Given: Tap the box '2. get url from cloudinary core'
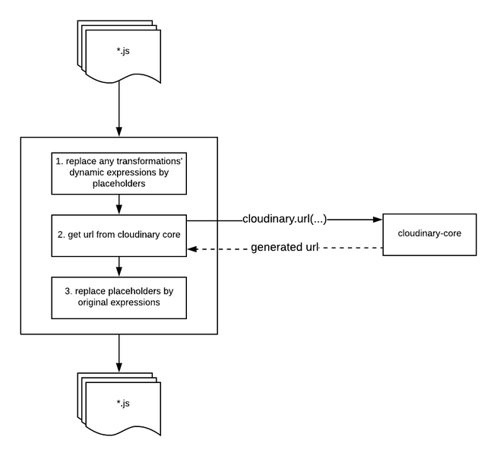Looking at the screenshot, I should [119, 234].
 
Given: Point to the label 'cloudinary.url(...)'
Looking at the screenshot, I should [284, 220].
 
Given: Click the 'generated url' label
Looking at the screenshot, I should [283, 249].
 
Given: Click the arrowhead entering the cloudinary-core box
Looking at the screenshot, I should [376, 220].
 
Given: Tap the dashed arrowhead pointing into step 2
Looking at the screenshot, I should [193, 249].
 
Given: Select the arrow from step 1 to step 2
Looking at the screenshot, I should [119, 204].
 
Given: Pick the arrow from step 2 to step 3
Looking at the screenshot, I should [119, 267].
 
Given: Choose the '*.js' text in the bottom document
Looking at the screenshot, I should [122, 403].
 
